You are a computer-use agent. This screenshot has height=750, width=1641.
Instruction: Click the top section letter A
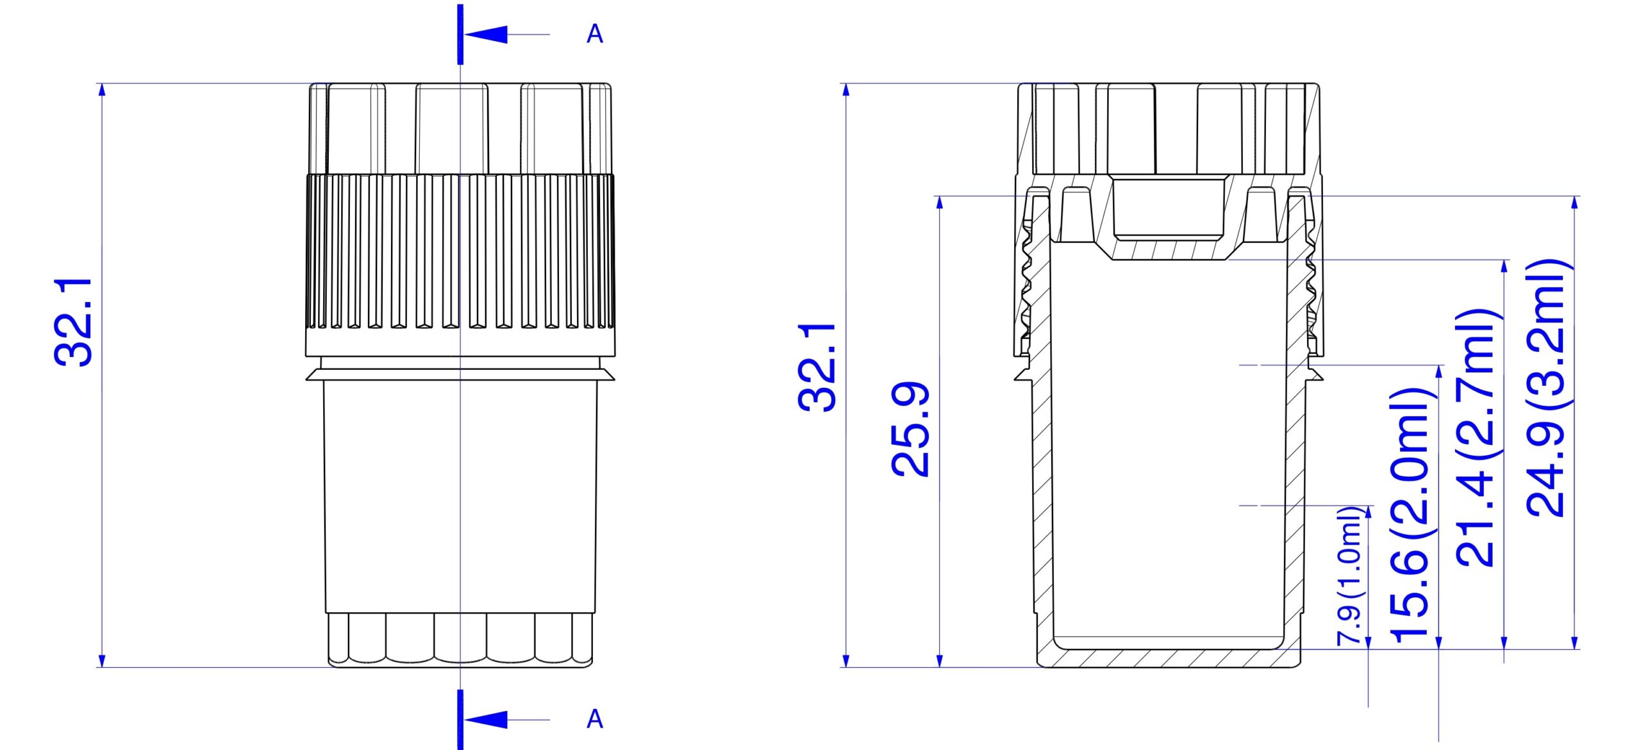(594, 34)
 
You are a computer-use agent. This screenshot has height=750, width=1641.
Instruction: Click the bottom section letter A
(594, 719)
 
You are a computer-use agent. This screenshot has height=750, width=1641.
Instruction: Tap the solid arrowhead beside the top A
(487, 35)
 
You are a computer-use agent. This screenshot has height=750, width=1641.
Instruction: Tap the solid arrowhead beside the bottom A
(487, 719)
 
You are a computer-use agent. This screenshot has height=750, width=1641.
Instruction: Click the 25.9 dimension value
(910, 429)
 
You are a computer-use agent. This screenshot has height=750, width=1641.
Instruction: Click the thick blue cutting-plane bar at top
(460, 35)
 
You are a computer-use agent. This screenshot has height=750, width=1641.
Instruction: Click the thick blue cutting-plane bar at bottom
(460, 719)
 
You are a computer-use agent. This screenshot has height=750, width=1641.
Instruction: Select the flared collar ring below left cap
(460, 374)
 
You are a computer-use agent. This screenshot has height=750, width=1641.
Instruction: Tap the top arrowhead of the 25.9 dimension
(940, 203)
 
